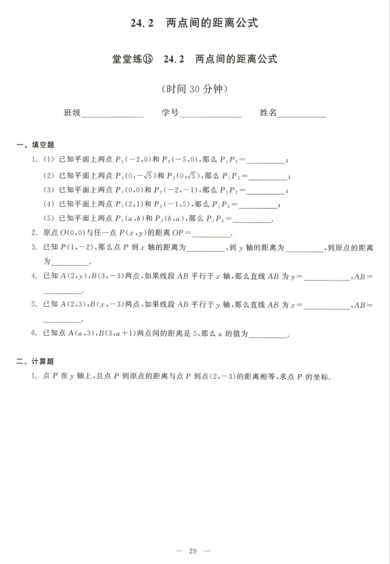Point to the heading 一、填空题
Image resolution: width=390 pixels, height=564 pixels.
click(35, 145)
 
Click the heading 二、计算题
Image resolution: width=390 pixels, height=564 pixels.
click(35, 361)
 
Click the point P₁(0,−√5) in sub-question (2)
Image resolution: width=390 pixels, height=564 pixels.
click(135, 175)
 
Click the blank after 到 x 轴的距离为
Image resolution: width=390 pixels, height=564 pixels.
click(206, 250)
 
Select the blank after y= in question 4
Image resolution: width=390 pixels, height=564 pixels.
click(327, 279)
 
